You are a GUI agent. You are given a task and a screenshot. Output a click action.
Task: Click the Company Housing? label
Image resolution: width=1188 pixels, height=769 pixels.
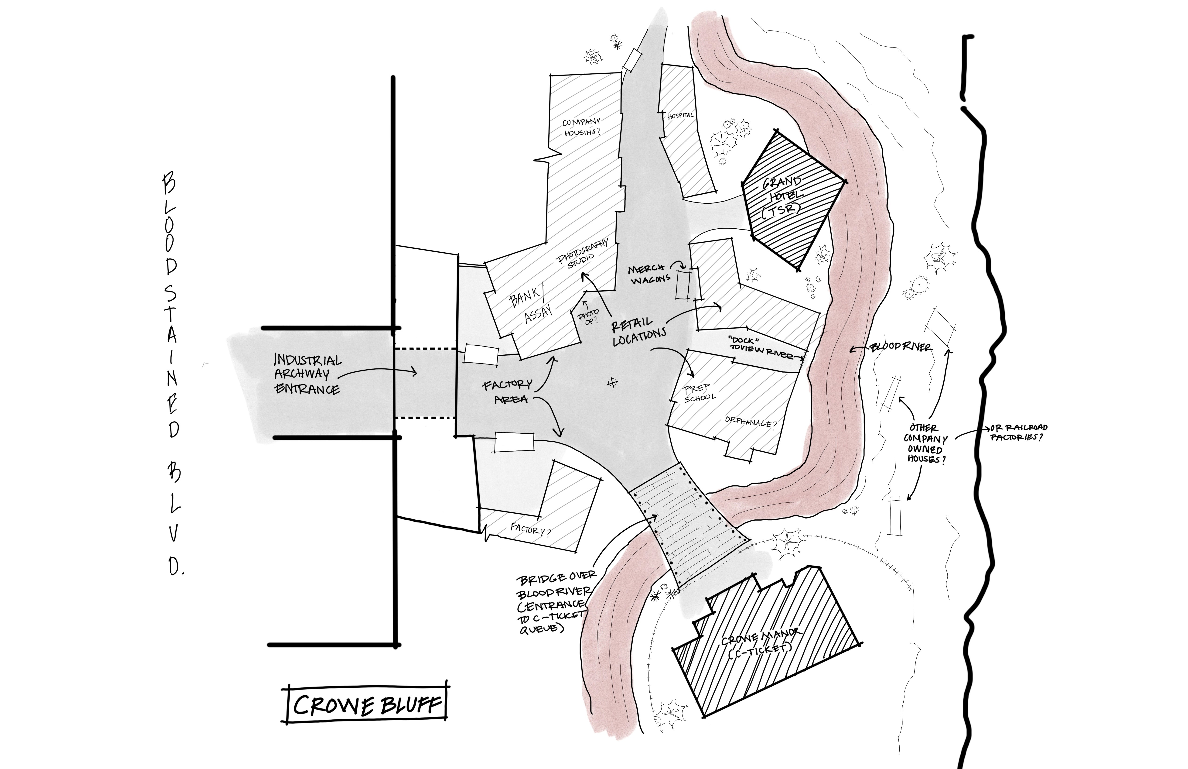[581, 127]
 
